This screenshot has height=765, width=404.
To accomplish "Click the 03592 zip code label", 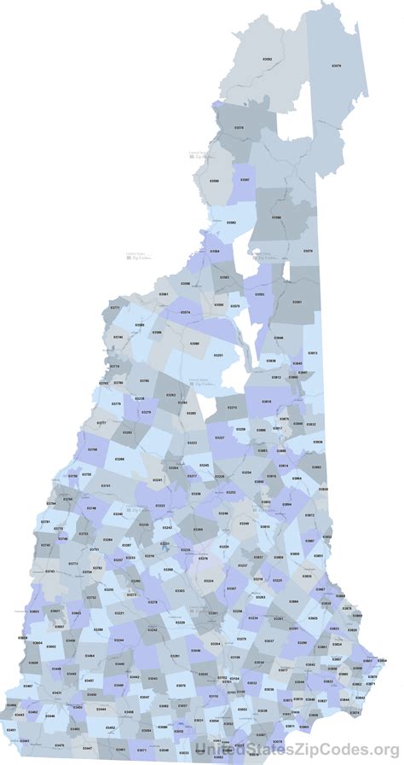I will pos(267,59).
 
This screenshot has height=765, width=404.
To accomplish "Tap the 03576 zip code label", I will pos(238,128).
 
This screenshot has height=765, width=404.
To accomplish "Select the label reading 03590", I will pos(214,181).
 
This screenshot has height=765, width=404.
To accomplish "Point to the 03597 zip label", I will pos(245,180).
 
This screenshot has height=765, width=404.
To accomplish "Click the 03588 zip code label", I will pos(276,217).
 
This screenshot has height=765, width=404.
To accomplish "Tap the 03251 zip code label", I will pos(218,355).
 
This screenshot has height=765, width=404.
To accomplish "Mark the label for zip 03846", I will pos(279,338).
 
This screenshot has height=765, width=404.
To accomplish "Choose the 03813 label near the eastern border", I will pos(312,353).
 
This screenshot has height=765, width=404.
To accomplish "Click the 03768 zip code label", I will pos(92,449).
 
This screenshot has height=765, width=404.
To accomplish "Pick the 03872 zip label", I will pos(309,515).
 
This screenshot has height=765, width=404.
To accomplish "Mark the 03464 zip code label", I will pos(89,656).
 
